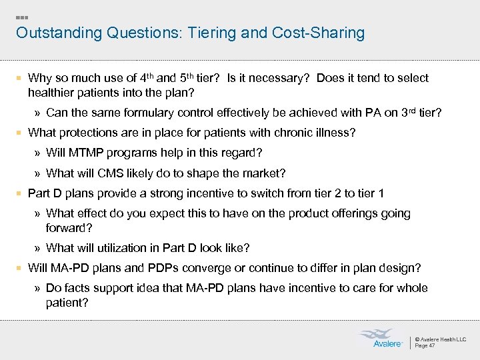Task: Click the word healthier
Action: [51, 91]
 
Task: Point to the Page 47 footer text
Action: [425, 345]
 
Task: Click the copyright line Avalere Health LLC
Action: [441, 339]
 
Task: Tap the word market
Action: [266, 173]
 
